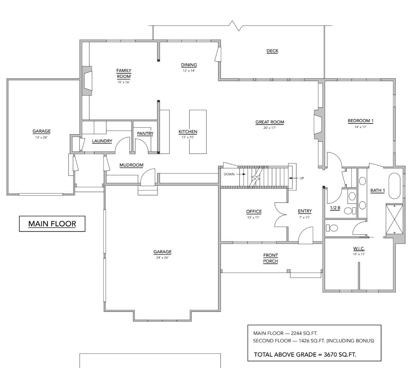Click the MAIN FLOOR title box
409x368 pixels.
52,224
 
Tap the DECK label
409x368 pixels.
272,51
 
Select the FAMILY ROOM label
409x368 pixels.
124,73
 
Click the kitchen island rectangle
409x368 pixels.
198,132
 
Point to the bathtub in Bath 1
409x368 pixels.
394,186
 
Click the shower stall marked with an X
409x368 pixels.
395,219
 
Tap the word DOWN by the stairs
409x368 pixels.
229,174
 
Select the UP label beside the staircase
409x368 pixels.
302,178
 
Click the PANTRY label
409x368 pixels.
145,133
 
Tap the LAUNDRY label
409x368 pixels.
102,141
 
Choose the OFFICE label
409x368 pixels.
254,211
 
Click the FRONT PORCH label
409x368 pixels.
270,258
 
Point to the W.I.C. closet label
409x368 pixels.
359,248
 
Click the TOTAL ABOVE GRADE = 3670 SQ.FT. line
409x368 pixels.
305,354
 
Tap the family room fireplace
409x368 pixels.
87,81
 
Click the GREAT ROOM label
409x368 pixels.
270,122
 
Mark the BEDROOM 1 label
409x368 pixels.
360,121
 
